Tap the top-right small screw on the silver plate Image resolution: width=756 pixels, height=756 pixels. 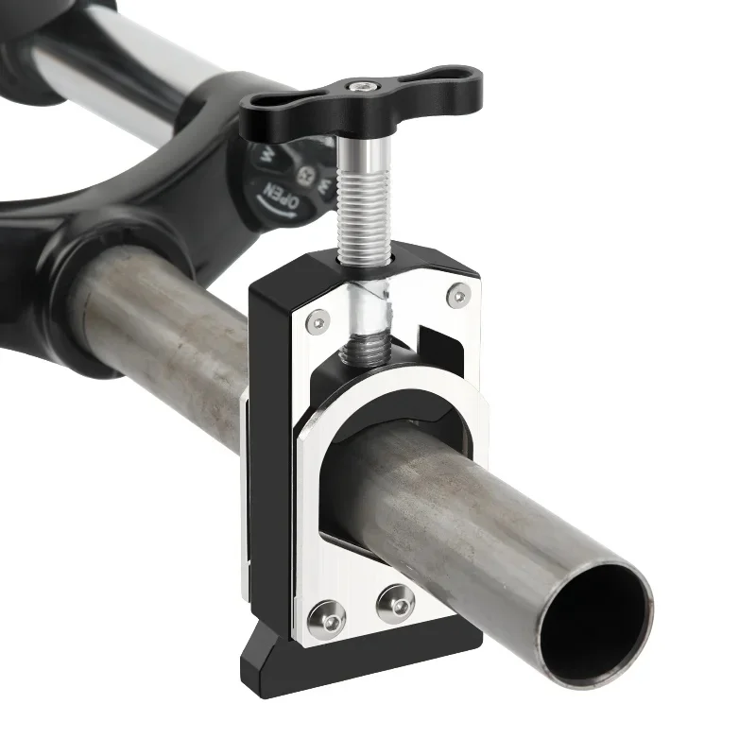pyautogui.click(x=458, y=296)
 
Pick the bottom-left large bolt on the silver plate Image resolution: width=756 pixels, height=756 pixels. pyautogui.click(x=332, y=616)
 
